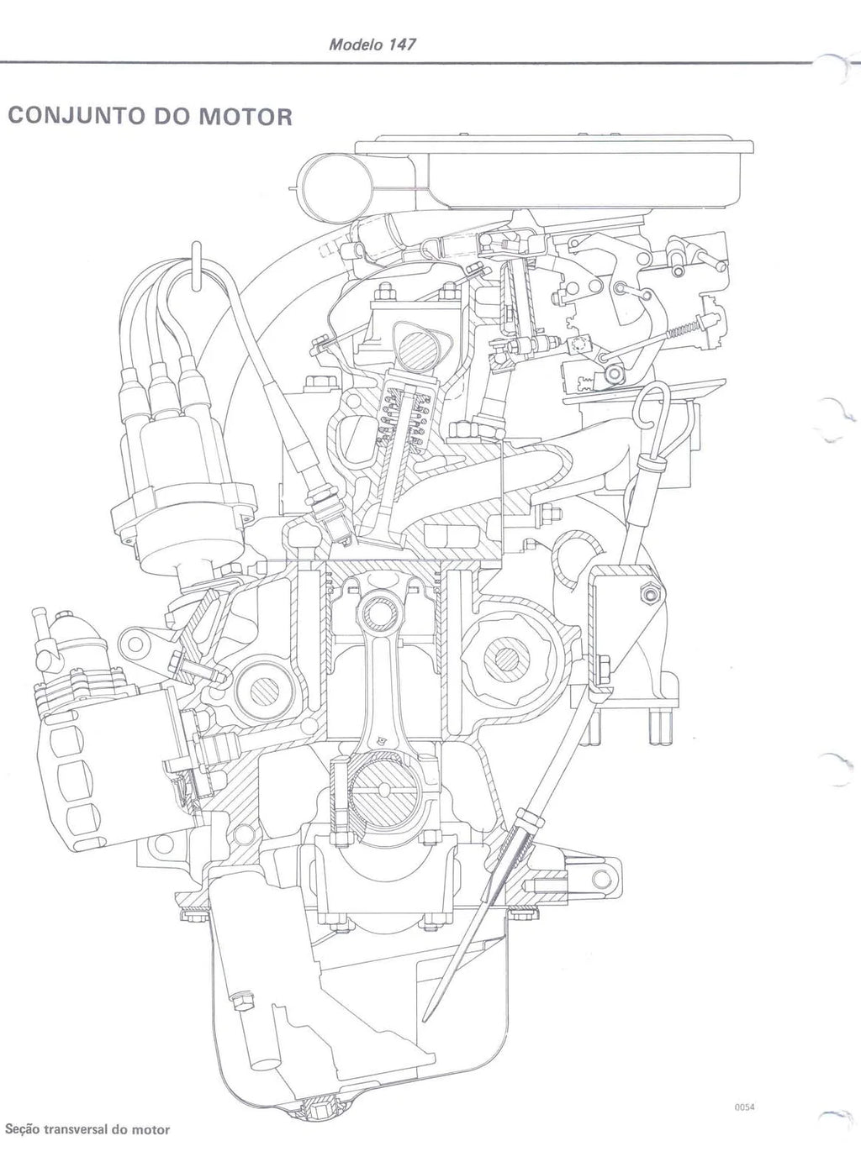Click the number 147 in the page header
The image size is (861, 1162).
coord(402,45)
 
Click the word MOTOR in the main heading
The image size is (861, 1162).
coord(246,116)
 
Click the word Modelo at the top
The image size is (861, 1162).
coord(356,45)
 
